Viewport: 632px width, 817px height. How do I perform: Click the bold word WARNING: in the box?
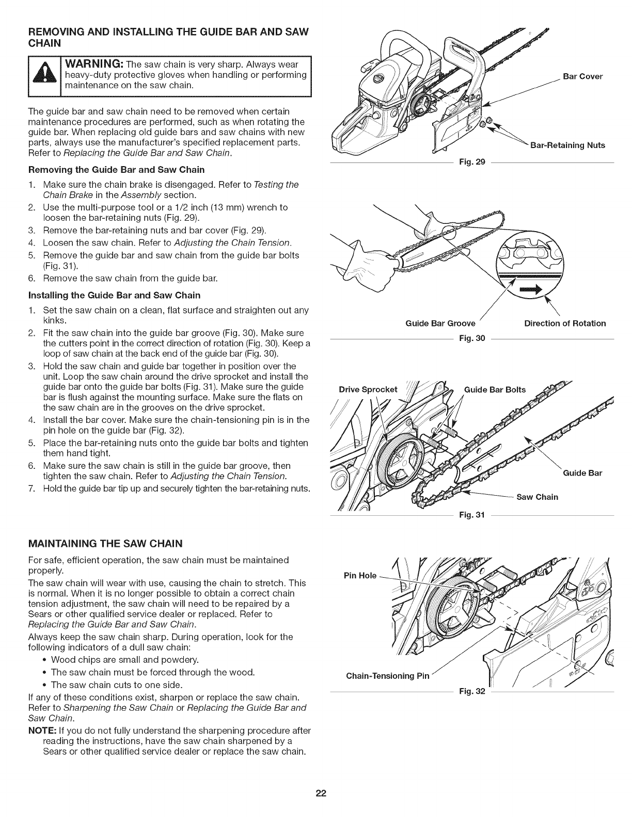pos(94,64)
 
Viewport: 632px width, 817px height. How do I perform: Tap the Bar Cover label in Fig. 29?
pos(582,77)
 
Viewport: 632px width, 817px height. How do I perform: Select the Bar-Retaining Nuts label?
pos(567,145)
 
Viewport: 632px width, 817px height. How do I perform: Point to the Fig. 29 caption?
pos(472,162)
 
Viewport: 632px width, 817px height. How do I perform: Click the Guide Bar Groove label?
pos(440,323)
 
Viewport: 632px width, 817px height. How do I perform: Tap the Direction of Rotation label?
pos(565,323)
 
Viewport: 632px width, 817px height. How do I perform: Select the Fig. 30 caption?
pos(472,338)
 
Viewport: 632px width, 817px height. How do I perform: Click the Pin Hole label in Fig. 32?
pos(360,576)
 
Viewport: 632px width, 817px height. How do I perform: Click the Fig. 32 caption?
pos(472,691)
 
